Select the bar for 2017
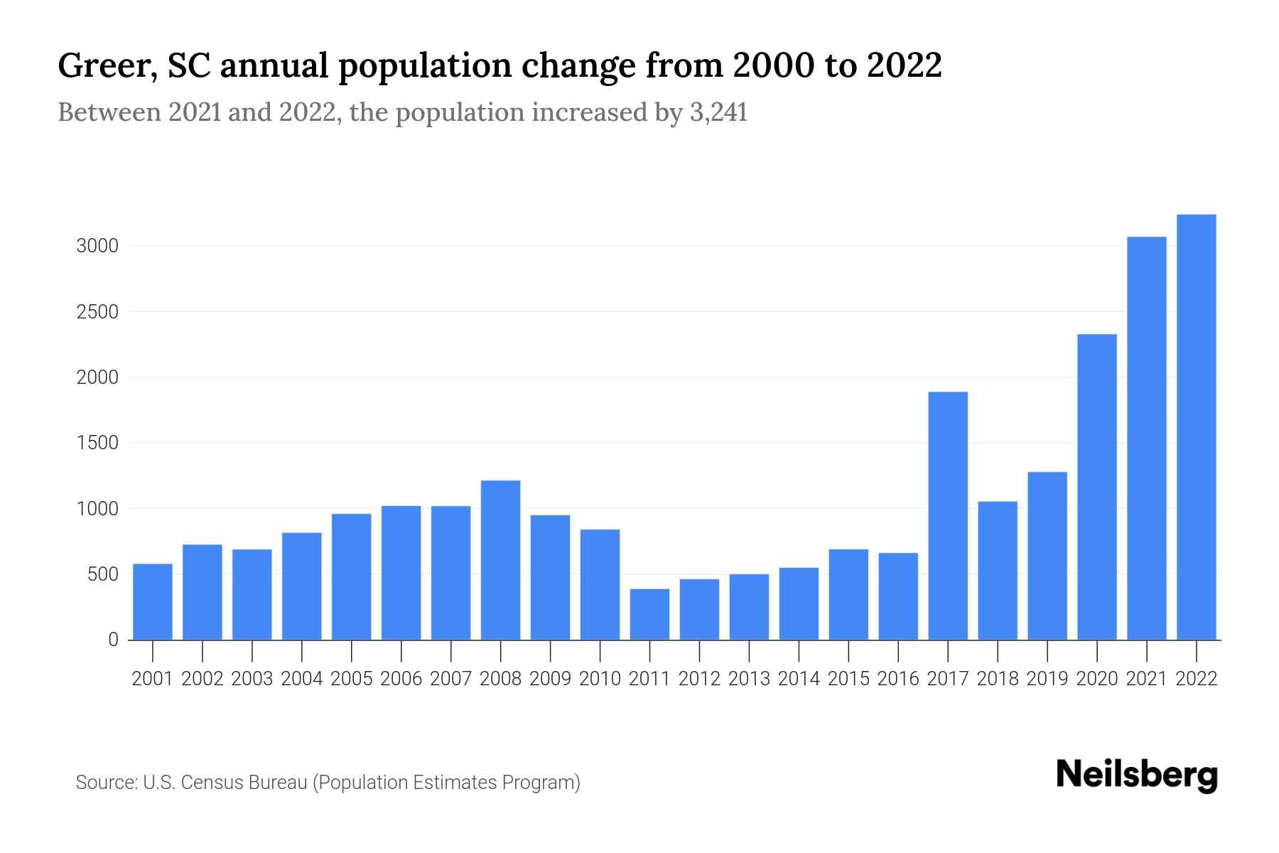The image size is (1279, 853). pos(948,516)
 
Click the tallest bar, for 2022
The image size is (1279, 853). pos(1197,427)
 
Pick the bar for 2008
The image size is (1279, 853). pos(500,560)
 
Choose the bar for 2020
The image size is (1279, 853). pos(1097,487)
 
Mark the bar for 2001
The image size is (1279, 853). pos(153,601)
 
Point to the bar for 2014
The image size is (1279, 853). pos(799,603)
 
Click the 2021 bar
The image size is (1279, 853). pos(1147,439)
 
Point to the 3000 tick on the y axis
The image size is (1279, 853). pos(97,247)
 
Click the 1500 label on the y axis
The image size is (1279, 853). pos(97,444)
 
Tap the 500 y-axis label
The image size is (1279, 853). pos(102,574)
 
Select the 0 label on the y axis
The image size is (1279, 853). pos(113,640)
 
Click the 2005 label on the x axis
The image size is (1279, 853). pos(352,679)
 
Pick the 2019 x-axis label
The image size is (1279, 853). pos(1047,679)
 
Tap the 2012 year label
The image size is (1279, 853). pos(699,679)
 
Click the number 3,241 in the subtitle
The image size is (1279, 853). pos(718,112)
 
